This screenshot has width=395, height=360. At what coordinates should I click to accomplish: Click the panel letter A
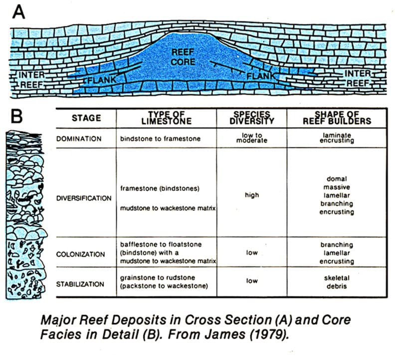[x=18, y=12]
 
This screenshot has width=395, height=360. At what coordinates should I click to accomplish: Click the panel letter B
[x=16, y=116]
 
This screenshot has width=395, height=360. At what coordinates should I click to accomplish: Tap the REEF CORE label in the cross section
[x=183, y=57]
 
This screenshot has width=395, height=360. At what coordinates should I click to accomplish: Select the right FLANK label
[x=261, y=76]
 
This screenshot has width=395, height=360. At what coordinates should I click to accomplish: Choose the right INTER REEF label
[x=358, y=78]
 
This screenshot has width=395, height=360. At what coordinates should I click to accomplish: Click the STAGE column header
[x=86, y=118]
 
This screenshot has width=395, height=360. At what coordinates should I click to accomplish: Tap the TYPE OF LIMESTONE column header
[x=166, y=118]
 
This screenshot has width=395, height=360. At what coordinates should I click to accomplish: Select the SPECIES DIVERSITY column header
[x=252, y=118]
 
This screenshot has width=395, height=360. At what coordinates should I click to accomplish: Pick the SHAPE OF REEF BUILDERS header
[x=337, y=118]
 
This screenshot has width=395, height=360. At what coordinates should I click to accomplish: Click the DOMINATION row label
[x=79, y=139]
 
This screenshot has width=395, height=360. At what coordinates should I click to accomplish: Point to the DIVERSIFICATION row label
[x=84, y=198]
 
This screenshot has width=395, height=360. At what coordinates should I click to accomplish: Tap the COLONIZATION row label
[x=81, y=254]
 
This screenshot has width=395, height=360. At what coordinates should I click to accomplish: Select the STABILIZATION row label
[x=80, y=284]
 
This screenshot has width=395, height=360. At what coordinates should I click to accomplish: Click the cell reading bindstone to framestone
[x=160, y=139]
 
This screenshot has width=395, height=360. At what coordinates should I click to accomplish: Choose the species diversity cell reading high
[x=252, y=195]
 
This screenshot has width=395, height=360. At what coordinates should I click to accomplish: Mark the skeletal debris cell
[x=337, y=282]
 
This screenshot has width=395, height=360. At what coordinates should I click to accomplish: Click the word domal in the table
[x=337, y=179]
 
